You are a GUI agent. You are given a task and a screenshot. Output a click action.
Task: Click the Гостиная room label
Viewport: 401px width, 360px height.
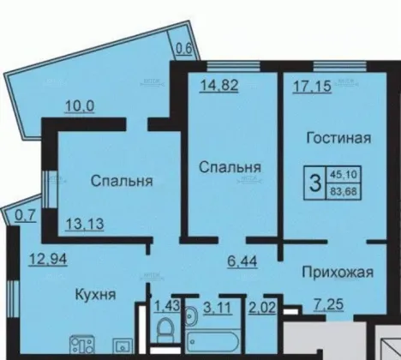coord(338,138)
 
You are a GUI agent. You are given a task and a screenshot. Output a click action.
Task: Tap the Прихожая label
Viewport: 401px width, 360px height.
coord(338,272)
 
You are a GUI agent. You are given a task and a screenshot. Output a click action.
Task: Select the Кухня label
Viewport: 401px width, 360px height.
coord(95,294)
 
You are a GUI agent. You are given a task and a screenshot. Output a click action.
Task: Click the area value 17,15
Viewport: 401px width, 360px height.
coord(312,86)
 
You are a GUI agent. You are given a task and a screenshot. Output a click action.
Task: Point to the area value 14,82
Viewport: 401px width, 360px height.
coord(218,85)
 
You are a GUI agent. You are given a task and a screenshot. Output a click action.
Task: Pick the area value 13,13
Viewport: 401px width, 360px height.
coord(85,224)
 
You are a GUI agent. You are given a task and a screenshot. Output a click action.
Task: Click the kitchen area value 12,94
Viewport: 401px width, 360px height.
coord(48,260)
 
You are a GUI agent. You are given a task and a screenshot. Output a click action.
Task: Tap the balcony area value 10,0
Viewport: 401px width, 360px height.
coord(80,106)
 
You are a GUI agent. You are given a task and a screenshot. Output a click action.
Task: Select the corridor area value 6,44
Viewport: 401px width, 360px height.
coord(242,261)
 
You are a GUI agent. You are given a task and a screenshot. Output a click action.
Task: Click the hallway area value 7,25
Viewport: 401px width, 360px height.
coord(328,304)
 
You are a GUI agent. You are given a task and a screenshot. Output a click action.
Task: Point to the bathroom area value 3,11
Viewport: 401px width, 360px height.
coord(218,308)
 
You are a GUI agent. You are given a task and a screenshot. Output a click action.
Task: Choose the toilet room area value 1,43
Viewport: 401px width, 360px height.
coord(167,306)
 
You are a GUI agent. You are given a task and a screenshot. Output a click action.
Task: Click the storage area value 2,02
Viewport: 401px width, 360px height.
coord(262,308)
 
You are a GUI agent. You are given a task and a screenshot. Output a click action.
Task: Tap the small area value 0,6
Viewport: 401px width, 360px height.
coord(183,50)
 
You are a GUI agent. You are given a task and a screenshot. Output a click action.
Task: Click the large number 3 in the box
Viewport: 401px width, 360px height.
coord(315,183)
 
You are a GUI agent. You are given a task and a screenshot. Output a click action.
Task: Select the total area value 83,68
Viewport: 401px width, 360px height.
coord(344,191)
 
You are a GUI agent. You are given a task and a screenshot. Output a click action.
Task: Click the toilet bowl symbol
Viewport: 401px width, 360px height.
coord(165,329)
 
